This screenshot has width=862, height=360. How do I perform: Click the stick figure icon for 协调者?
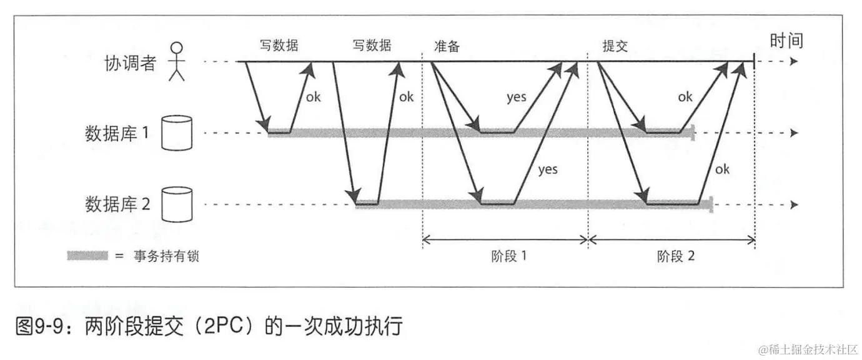178,62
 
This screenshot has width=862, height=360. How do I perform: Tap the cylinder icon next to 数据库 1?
176,132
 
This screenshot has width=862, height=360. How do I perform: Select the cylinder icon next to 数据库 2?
176,204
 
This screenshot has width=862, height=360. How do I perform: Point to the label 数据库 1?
117,133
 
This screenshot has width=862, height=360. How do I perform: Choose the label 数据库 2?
117,204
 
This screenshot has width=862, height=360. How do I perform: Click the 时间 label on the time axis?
786,41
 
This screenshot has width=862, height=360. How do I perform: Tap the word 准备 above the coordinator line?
447,47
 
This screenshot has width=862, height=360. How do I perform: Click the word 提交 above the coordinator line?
615,47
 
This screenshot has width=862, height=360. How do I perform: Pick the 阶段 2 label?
676,256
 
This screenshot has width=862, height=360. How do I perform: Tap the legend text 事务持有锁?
166,256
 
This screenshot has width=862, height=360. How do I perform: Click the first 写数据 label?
279,46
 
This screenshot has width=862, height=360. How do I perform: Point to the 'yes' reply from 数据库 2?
548,169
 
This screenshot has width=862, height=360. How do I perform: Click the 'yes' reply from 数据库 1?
516,97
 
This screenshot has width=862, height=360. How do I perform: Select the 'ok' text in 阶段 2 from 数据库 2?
722,169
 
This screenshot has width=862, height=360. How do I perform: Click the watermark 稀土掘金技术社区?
814,349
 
